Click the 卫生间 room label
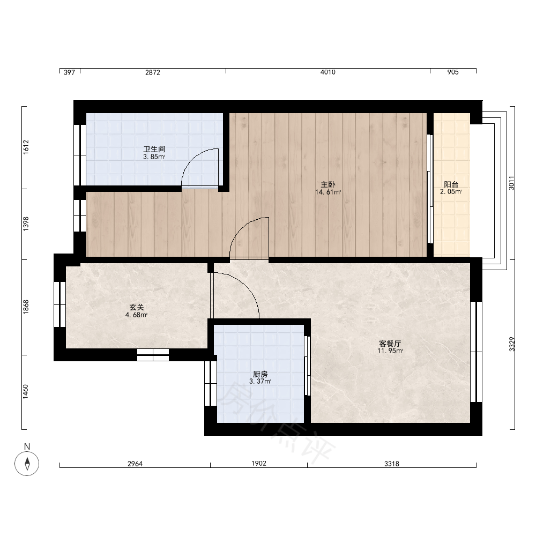coord(154,149)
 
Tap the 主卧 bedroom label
coord(328,184)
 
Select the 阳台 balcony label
coord(451,184)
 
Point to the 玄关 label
coord(136,307)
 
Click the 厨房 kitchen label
coord(260,374)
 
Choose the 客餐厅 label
coord(390,344)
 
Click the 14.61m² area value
coord(328,192)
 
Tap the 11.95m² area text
coord(390,351)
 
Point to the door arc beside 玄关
coord(246,286)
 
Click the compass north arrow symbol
coord(27,464)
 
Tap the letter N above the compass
coord(27,446)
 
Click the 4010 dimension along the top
coord(328,72)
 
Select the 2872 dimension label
coord(152,72)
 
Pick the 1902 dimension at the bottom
coord(259,463)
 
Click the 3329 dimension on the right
coord(511,344)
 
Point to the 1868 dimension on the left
coord(26,307)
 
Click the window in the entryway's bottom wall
coord(153,355)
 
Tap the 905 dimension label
coord(452,72)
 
